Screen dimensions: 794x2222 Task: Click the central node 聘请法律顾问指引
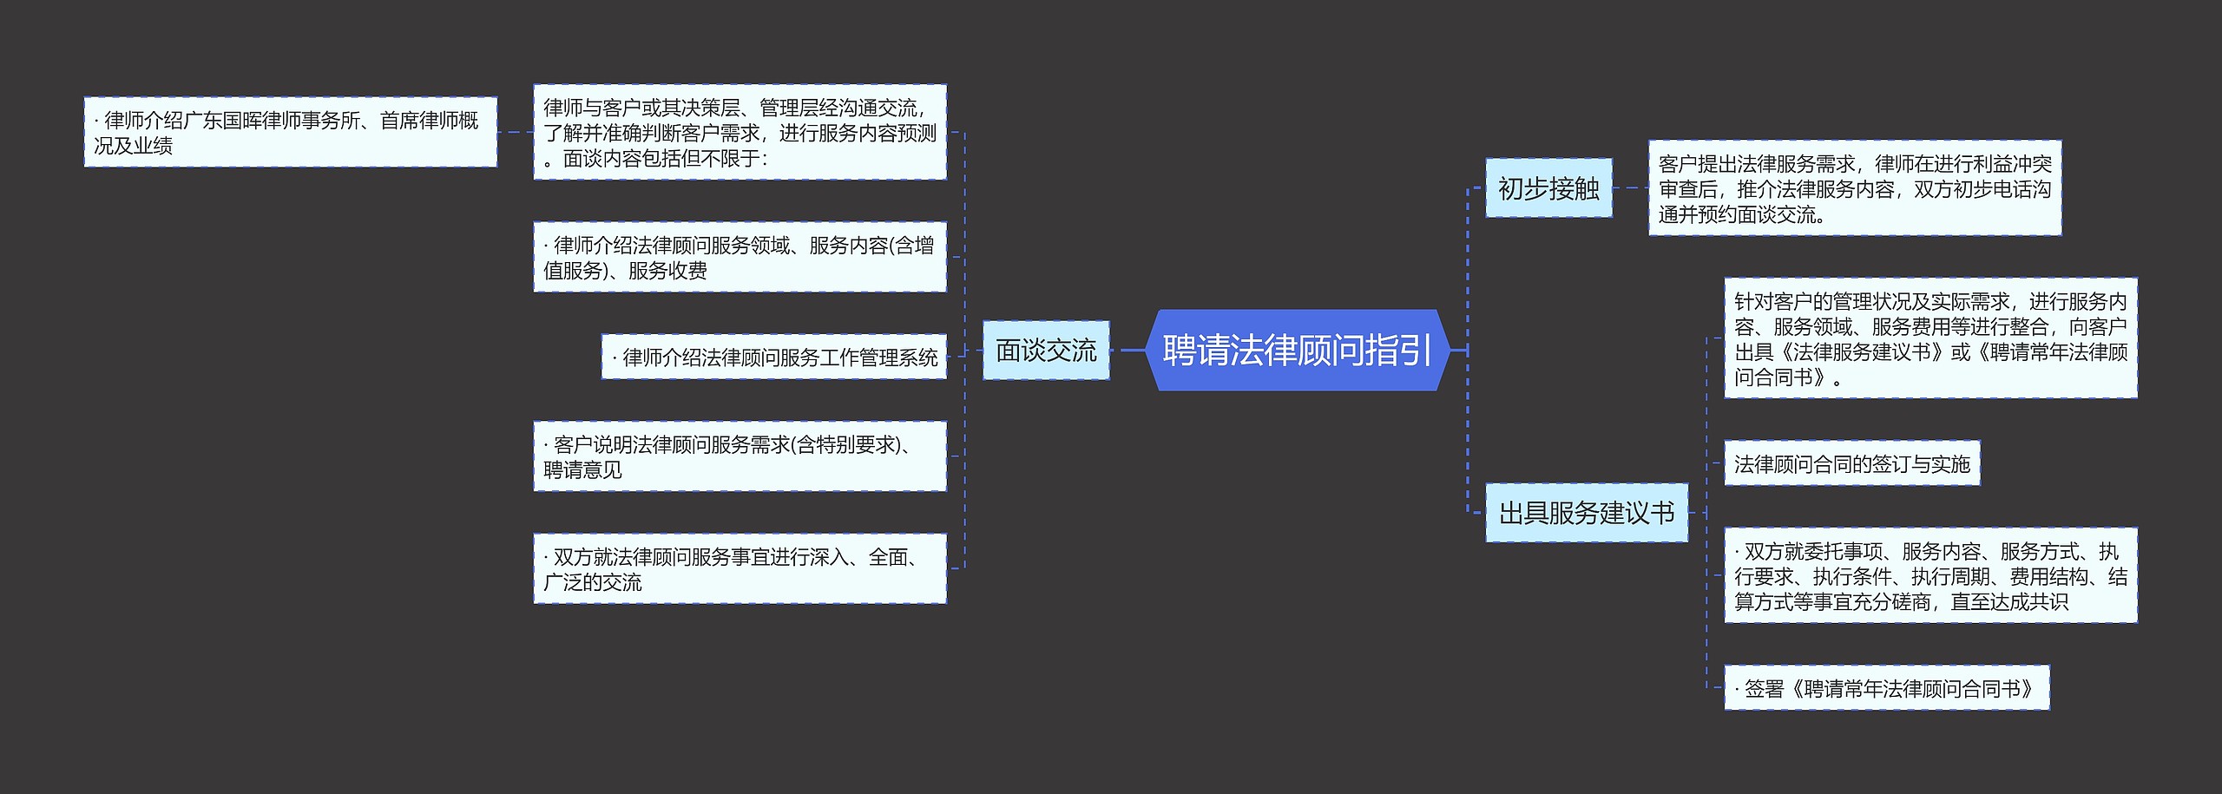(1297, 350)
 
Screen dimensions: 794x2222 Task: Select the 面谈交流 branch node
(1045, 351)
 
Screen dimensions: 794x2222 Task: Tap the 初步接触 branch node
(1548, 188)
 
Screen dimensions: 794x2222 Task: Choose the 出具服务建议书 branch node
(1586, 513)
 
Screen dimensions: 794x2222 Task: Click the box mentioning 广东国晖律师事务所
(290, 132)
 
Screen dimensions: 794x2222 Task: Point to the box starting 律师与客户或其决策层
(740, 132)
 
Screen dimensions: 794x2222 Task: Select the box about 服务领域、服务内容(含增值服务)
(740, 257)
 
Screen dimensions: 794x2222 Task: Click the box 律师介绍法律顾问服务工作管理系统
(773, 357)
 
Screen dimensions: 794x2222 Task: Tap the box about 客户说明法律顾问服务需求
(740, 456)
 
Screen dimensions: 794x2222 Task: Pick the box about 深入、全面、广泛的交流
(740, 568)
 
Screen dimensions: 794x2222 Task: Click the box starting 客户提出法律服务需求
(1854, 188)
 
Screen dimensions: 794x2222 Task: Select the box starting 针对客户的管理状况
(1930, 338)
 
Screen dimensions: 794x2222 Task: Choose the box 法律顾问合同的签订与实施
(1851, 463)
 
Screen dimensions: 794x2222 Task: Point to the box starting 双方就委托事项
(1930, 575)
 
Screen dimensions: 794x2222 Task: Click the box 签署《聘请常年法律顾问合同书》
(1886, 688)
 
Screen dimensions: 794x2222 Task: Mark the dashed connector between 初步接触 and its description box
(1630, 188)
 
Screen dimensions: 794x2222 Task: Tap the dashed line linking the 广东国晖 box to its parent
(516, 133)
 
